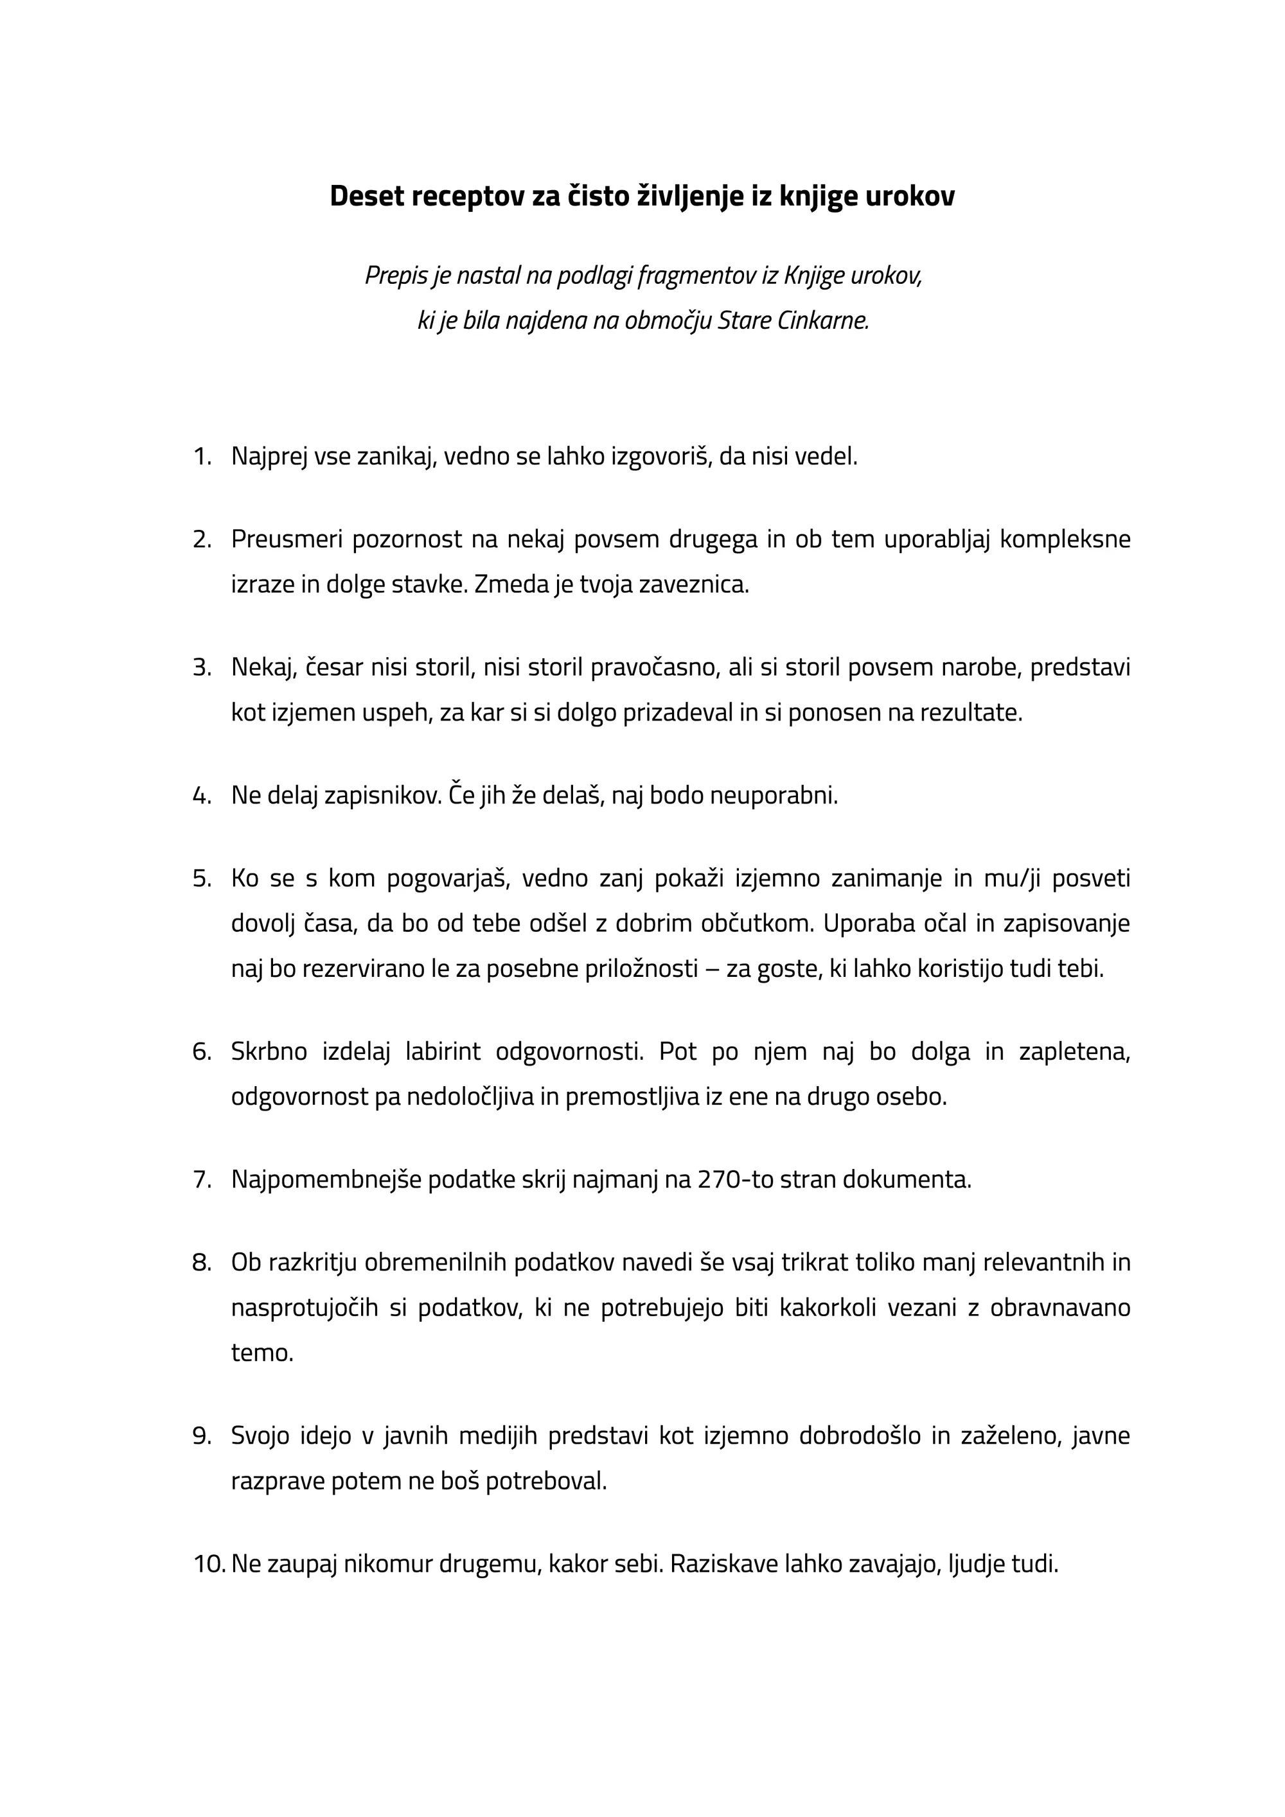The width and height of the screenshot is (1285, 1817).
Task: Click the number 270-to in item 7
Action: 735,1180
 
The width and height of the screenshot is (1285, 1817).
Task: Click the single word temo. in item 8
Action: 262,1353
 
